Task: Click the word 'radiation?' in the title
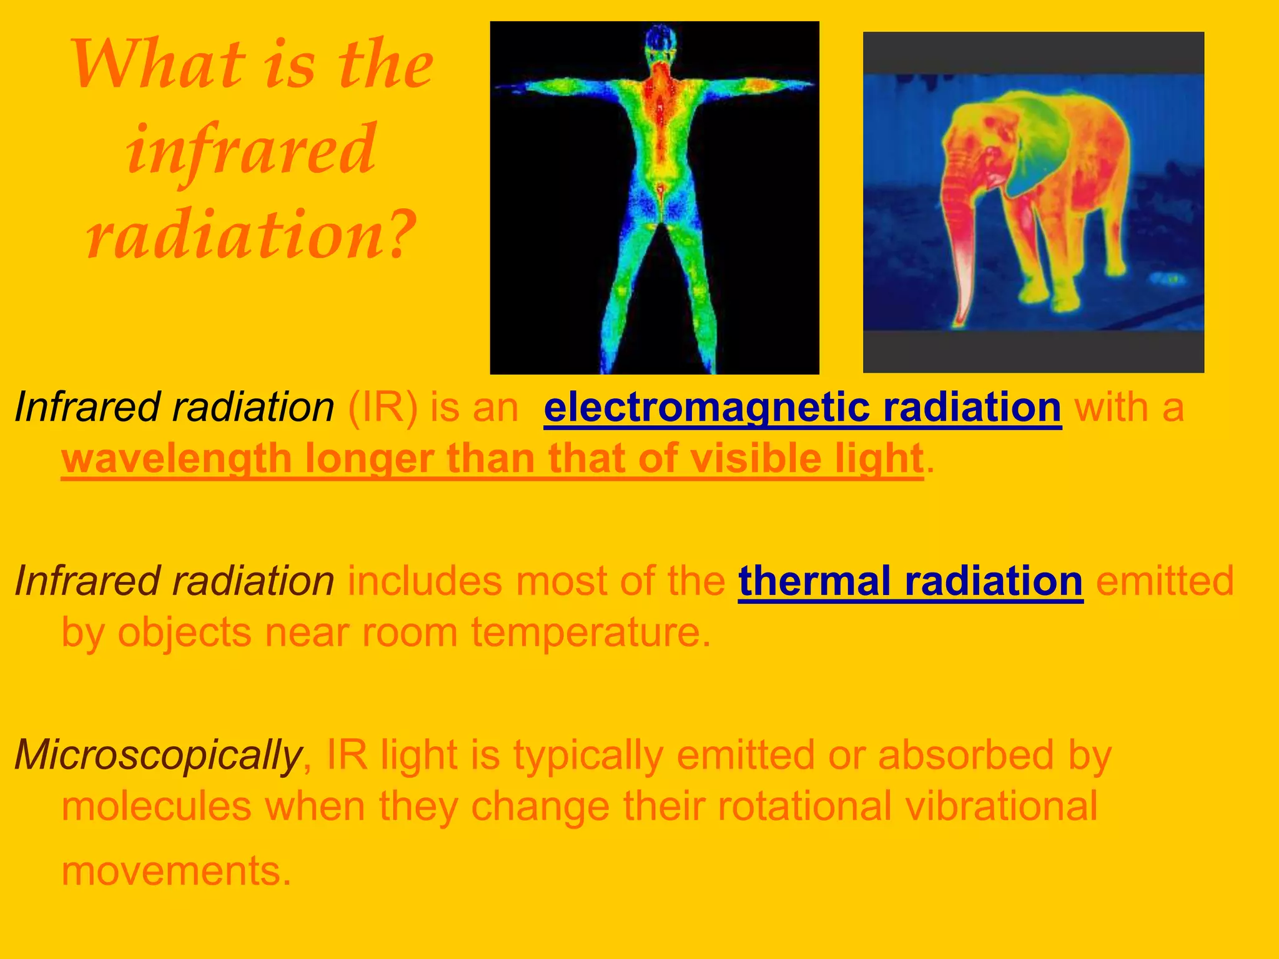(251, 234)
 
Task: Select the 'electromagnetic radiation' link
(802, 408)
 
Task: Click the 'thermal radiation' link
(911, 581)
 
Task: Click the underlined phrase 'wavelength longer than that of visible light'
(492, 459)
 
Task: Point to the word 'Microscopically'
(159, 755)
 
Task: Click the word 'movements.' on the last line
(177, 870)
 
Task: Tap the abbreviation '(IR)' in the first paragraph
(382, 408)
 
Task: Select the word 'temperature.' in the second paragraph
(591, 632)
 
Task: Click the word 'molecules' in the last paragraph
(156, 806)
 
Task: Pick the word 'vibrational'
(1001, 806)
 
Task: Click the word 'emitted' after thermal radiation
(1165, 581)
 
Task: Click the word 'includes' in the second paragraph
(424, 581)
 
